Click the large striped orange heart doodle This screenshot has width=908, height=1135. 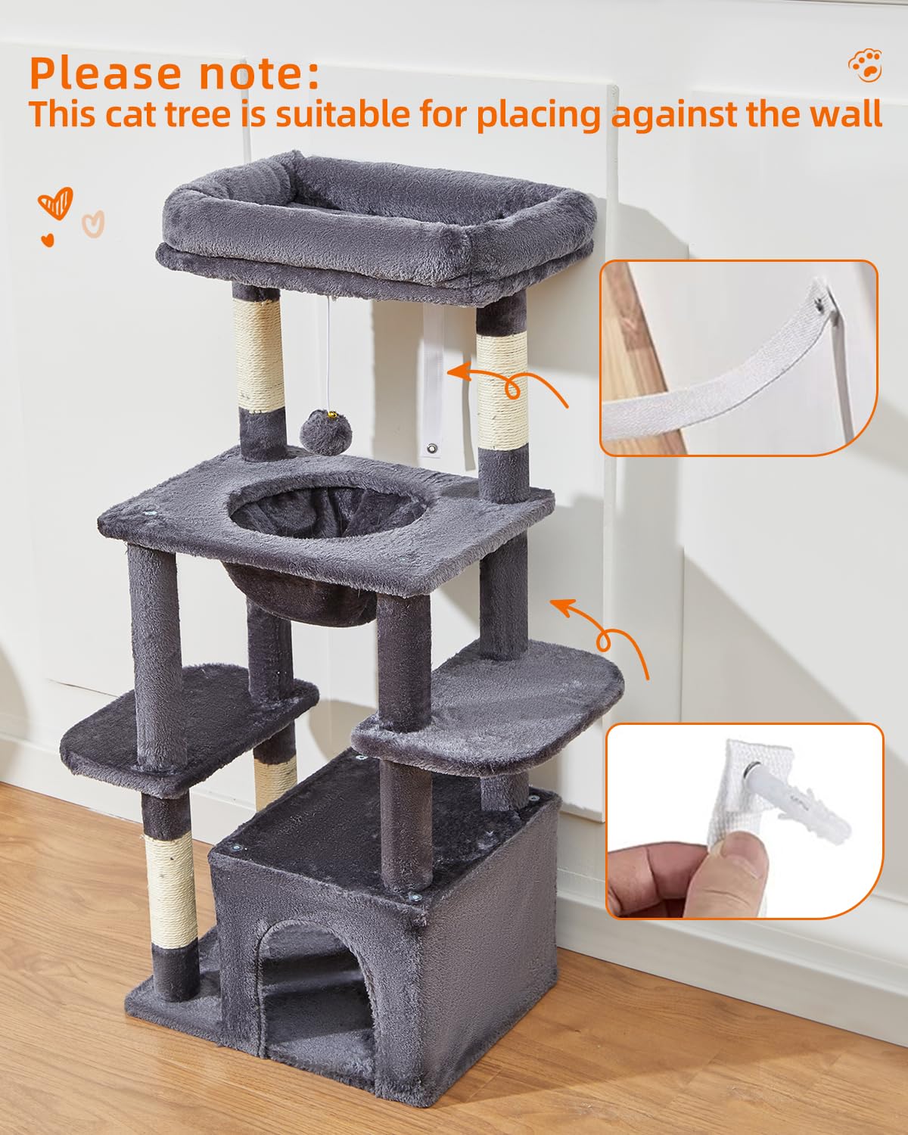point(56,204)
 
